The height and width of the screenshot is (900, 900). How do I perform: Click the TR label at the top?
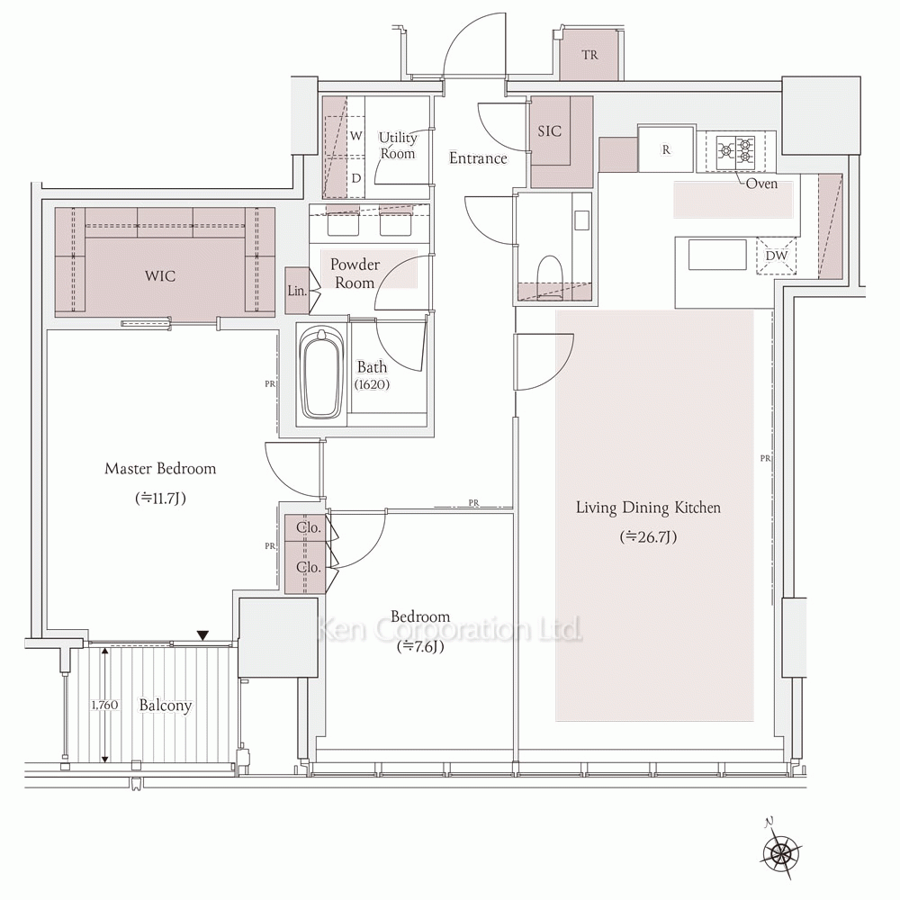pyautogui.click(x=589, y=55)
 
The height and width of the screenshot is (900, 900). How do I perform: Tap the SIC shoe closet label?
pyautogui.click(x=549, y=131)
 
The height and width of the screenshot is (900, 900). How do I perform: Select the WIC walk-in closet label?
pyautogui.click(x=160, y=276)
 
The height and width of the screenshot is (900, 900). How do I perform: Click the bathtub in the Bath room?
pyautogui.click(x=322, y=373)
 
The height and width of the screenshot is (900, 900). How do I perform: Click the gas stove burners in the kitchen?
pyautogui.click(x=736, y=148)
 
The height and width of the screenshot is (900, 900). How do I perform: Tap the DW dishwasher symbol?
pyautogui.click(x=777, y=256)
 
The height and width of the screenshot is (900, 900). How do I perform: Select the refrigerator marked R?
pyautogui.click(x=666, y=149)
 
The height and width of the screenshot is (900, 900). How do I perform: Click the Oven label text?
pyautogui.click(x=761, y=184)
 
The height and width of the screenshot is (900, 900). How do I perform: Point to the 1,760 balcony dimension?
pyautogui.click(x=104, y=705)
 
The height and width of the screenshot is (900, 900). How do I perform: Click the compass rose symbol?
pyautogui.click(x=780, y=850)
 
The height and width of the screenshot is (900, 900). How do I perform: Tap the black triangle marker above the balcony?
pyautogui.click(x=202, y=635)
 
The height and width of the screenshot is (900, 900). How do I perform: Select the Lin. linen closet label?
pyautogui.click(x=297, y=291)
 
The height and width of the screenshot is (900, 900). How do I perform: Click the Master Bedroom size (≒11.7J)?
pyautogui.click(x=161, y=499)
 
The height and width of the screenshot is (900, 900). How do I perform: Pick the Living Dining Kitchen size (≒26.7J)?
pyautogui.click(x=648, y=537)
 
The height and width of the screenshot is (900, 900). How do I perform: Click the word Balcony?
pyautogui.click(x=166, y=706)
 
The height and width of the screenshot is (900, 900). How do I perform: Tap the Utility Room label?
pyautogui.click(x=397, y=146)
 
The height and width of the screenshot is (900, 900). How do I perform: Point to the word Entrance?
pyautogui.click(x=478, y=158)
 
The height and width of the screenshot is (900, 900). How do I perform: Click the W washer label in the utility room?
pyautogui.click(x=356, y=136)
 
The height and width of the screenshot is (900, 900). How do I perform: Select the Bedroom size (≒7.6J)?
pyautogui.click(x=420, y=647)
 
